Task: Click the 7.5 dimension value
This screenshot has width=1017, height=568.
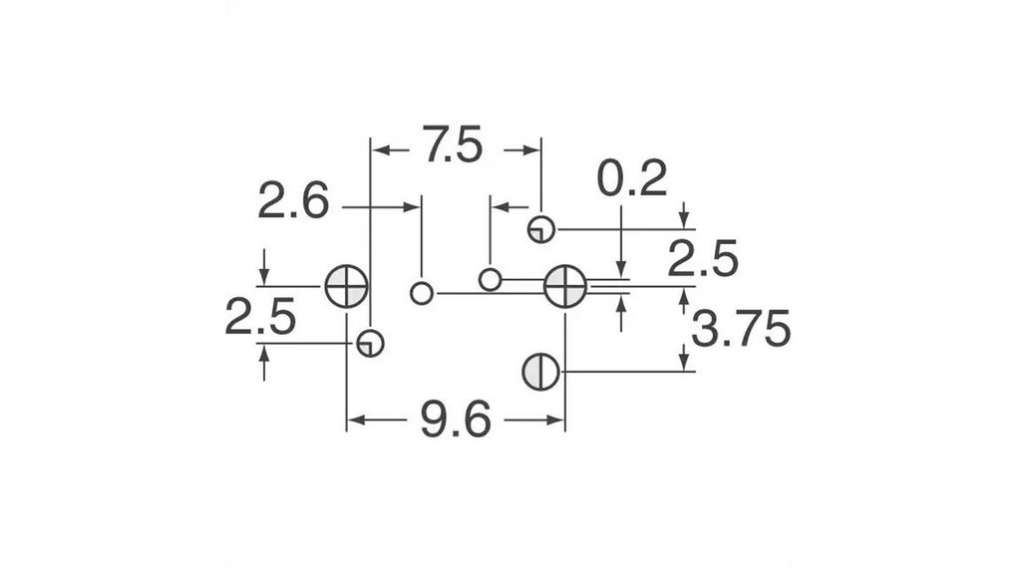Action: point(453,144)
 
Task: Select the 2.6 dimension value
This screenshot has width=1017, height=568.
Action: point(293,201)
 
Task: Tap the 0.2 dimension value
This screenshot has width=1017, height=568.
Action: point(632,178)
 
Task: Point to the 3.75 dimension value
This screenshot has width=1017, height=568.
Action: point(741,329)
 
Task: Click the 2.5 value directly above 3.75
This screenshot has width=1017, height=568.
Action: point(703,258)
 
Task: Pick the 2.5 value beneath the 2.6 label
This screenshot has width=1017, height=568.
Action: point(260,317)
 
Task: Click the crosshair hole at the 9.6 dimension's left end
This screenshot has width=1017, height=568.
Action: point(346,286)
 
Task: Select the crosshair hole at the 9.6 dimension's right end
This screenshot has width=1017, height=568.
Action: point(565,286)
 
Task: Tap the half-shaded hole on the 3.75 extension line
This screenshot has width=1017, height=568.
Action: point(541,372)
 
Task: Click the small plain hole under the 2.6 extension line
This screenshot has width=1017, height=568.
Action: point(422,293)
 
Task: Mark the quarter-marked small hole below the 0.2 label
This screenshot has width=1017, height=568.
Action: point(541,229)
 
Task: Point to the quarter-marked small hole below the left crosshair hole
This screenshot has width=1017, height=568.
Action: point(370,343)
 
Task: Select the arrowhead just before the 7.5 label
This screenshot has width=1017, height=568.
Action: point(380,150)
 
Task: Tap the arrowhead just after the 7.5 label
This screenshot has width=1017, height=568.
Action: point(531,150)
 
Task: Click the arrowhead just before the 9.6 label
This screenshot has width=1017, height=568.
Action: point(356,421)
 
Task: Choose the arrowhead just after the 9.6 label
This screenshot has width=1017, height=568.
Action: point(555,421)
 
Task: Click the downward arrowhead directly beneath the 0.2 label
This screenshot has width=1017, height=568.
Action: point(621,269)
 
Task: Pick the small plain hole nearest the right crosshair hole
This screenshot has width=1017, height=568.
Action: point(490,279)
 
